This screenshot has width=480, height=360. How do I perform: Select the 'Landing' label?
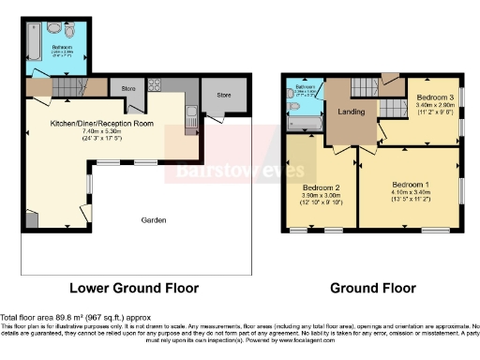[x=350, y=112]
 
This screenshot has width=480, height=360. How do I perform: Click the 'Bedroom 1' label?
[x=410, y=183]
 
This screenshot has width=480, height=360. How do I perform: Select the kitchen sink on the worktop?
[x=191, y=117]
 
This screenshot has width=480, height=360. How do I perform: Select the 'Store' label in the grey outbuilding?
[x=223, y=95]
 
